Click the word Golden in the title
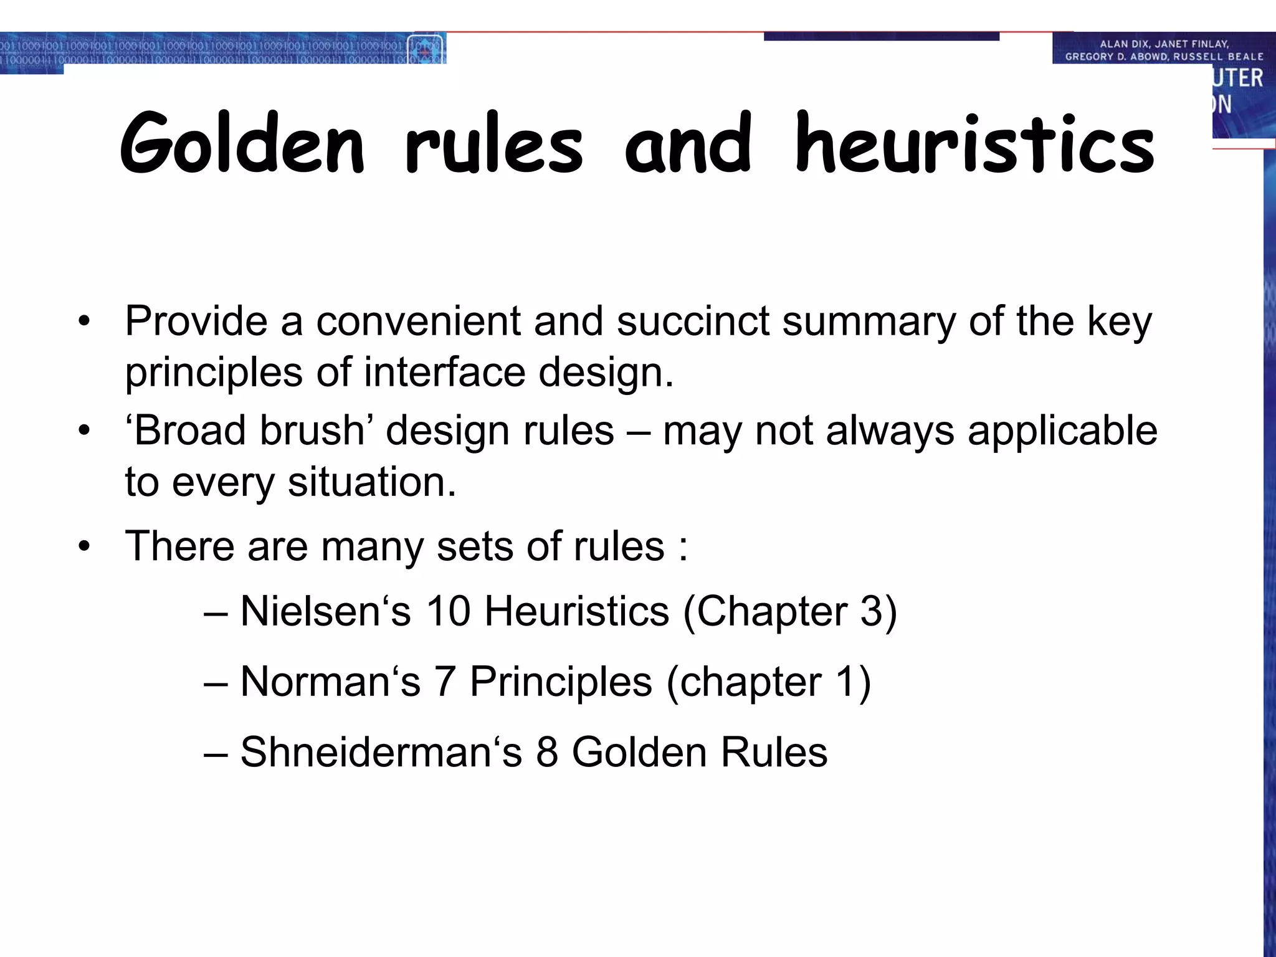click(x=242, y=145)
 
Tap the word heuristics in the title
click(x=975, y=145)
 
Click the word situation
click(x=372, y=482)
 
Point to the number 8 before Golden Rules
click(x=546, y=752)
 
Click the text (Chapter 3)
click(x=790, y=611)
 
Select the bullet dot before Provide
click(x=85, y=322)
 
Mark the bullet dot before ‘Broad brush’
click(x=85, y=431)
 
